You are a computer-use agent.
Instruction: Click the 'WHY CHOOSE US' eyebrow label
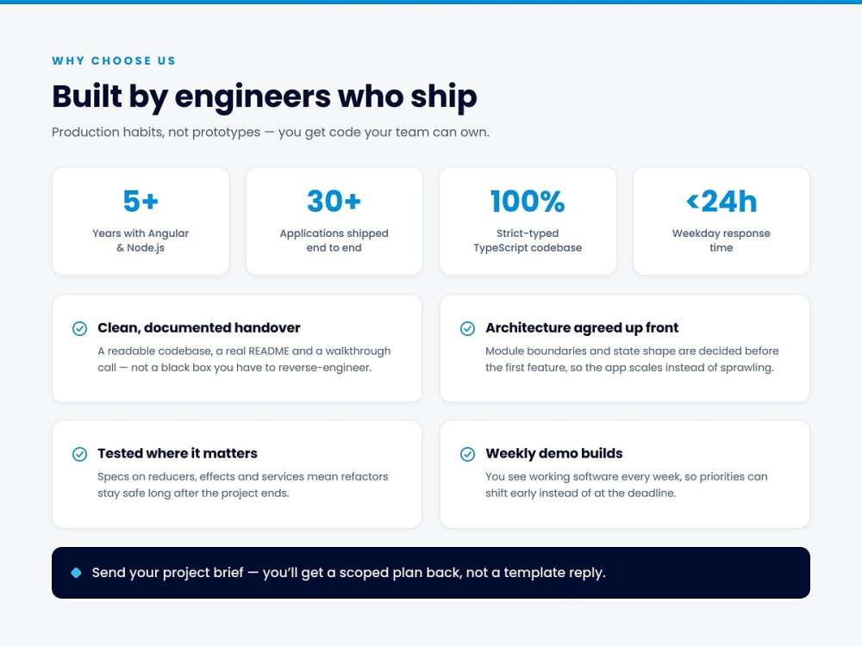pyautogui.click(x=114, y=60)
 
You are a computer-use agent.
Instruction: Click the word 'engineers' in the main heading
pyautogui.click(x=253, y=96)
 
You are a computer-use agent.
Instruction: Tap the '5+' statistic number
pyautogui.click(x=141, y=201)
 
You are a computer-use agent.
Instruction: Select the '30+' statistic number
pyautogui.click(x=334, y=201)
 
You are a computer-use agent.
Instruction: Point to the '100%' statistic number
pyautogui.click(x=528, y=201)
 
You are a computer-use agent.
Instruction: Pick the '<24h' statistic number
pyautogui.click(x=721, y=201)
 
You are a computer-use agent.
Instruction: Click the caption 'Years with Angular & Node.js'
pyautogui.click(x=141, y=240)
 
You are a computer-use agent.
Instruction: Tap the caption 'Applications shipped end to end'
pyautogui.click(x=334, y=240)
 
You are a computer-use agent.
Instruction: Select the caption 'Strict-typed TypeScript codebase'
pyautogui.click(x=528, y=240)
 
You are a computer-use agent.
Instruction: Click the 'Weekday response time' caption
pyautogui.click(x=721, y=240)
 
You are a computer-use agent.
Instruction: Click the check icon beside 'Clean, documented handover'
pyautogui.click(x=79, y=328)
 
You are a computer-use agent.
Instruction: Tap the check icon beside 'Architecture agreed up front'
pyautogui.click(x=467, y=328)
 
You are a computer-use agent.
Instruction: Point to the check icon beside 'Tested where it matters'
pyautogui.click(x=79, y=454)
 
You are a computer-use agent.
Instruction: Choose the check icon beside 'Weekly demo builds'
pyautogui.click(x=467, y=454)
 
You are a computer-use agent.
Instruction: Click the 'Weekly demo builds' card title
pyautogui.click(x=554, y=454)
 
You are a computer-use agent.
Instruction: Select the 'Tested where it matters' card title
pyautogui.click(x=178, y=454)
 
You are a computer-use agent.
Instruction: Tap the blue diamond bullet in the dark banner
pyautogui.click(x=77, y=573)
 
